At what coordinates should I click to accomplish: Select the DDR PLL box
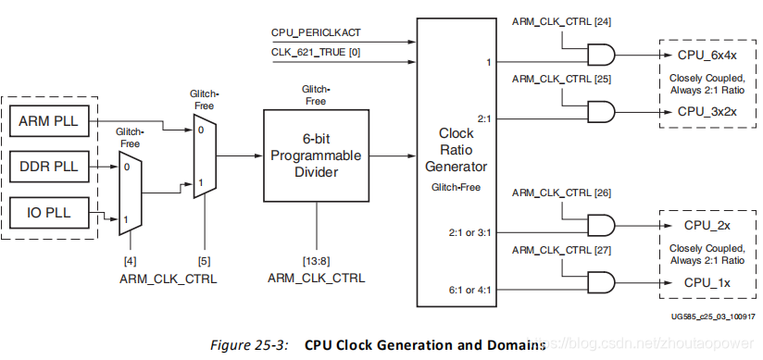tap(49, 167)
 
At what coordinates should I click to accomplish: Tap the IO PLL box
tap(49, 215)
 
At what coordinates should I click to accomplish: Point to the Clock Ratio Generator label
tap(456, 151)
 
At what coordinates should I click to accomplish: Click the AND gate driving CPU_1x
tap(602, 281)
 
